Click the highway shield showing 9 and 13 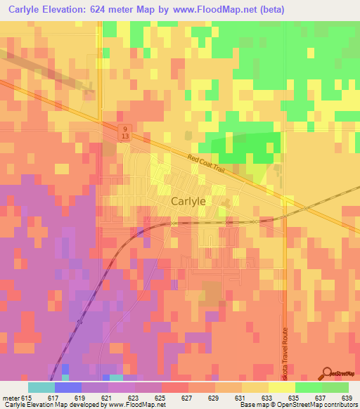tap(124, 134)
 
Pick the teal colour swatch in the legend tap(41, 387)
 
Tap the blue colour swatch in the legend tap(67, 387)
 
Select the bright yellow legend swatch tap(281, 387)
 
